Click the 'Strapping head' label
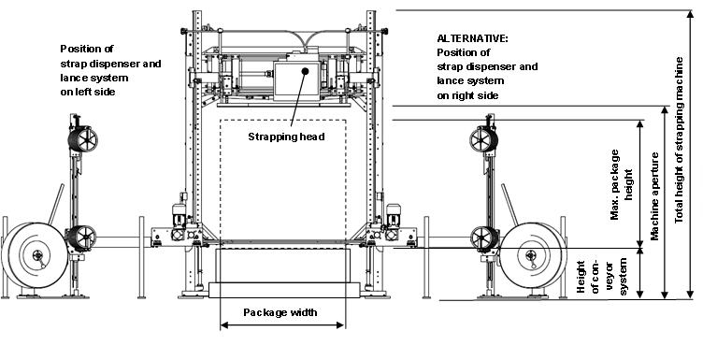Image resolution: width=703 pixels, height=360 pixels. [x=285, y=137]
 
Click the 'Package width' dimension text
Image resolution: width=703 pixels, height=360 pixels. [x=280, y=312]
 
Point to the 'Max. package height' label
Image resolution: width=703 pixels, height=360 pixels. [x=621, y=187]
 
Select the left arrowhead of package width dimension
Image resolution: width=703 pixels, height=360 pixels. [x=223, y=326]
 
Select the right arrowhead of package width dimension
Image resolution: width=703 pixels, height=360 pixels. [x=343, y=326]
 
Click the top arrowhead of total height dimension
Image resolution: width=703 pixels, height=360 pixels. [x=666, y=14]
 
